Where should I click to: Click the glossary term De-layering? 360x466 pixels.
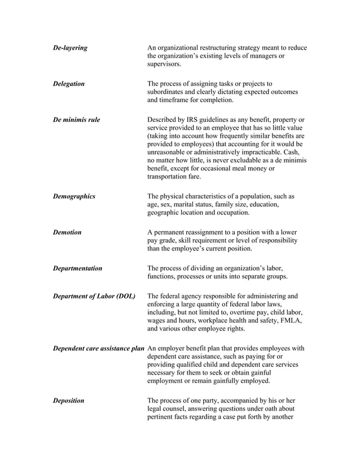point(70,48)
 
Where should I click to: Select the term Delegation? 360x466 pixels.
point(68,83)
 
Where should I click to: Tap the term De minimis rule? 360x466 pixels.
point(76,120)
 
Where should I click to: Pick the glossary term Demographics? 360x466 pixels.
point(74,196)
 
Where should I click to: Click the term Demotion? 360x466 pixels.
point(67,232)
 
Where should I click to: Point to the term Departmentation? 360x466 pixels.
point(77,268)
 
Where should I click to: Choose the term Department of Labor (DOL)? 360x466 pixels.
point(94,296)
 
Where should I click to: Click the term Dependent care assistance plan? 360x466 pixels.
point(99,348)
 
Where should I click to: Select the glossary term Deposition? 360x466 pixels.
point(68,401)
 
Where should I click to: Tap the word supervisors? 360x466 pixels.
point(164,65)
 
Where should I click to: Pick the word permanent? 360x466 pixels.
point(172,232)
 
